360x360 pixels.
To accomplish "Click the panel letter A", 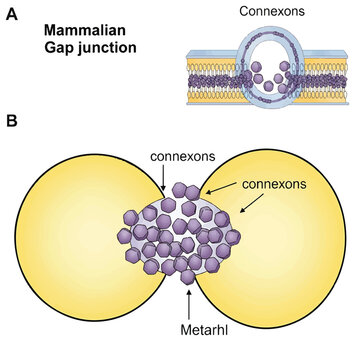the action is click(12, 14).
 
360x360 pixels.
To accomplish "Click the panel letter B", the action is click(12, 121).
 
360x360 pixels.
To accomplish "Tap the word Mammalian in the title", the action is click(85, 31).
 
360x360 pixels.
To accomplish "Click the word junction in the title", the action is click(107, 48).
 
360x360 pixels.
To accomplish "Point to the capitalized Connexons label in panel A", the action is click(272, 11).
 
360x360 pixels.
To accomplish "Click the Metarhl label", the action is click(204, 330).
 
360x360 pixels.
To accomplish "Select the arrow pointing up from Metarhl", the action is click(189, 305).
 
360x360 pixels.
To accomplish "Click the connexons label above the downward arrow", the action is click(183, 157).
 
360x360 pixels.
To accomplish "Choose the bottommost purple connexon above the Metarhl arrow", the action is click(188, 277).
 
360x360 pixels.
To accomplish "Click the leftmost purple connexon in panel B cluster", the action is click(124, 236).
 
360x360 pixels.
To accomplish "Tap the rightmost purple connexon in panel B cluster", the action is click(233, 237).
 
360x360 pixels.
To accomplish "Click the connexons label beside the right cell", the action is click(274, 184).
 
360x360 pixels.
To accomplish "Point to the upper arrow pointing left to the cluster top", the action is click(222, 188).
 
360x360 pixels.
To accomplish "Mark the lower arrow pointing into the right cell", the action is click(251, 205).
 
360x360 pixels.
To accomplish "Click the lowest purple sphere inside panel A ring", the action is click(268, 86).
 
